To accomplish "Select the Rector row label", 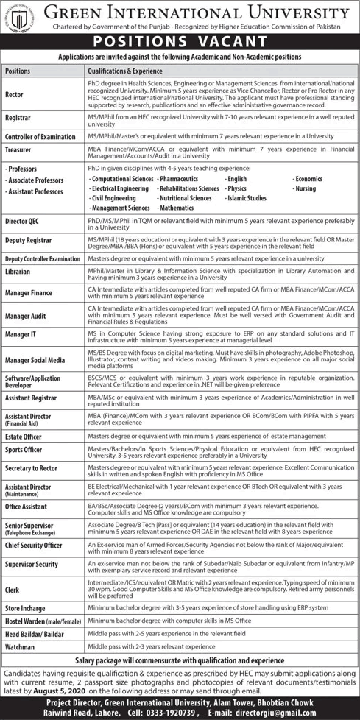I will coord(15,94).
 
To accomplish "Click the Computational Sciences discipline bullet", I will coord(121,179).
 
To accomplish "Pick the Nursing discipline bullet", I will coord(306,188).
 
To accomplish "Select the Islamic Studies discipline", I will coord(247,198).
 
